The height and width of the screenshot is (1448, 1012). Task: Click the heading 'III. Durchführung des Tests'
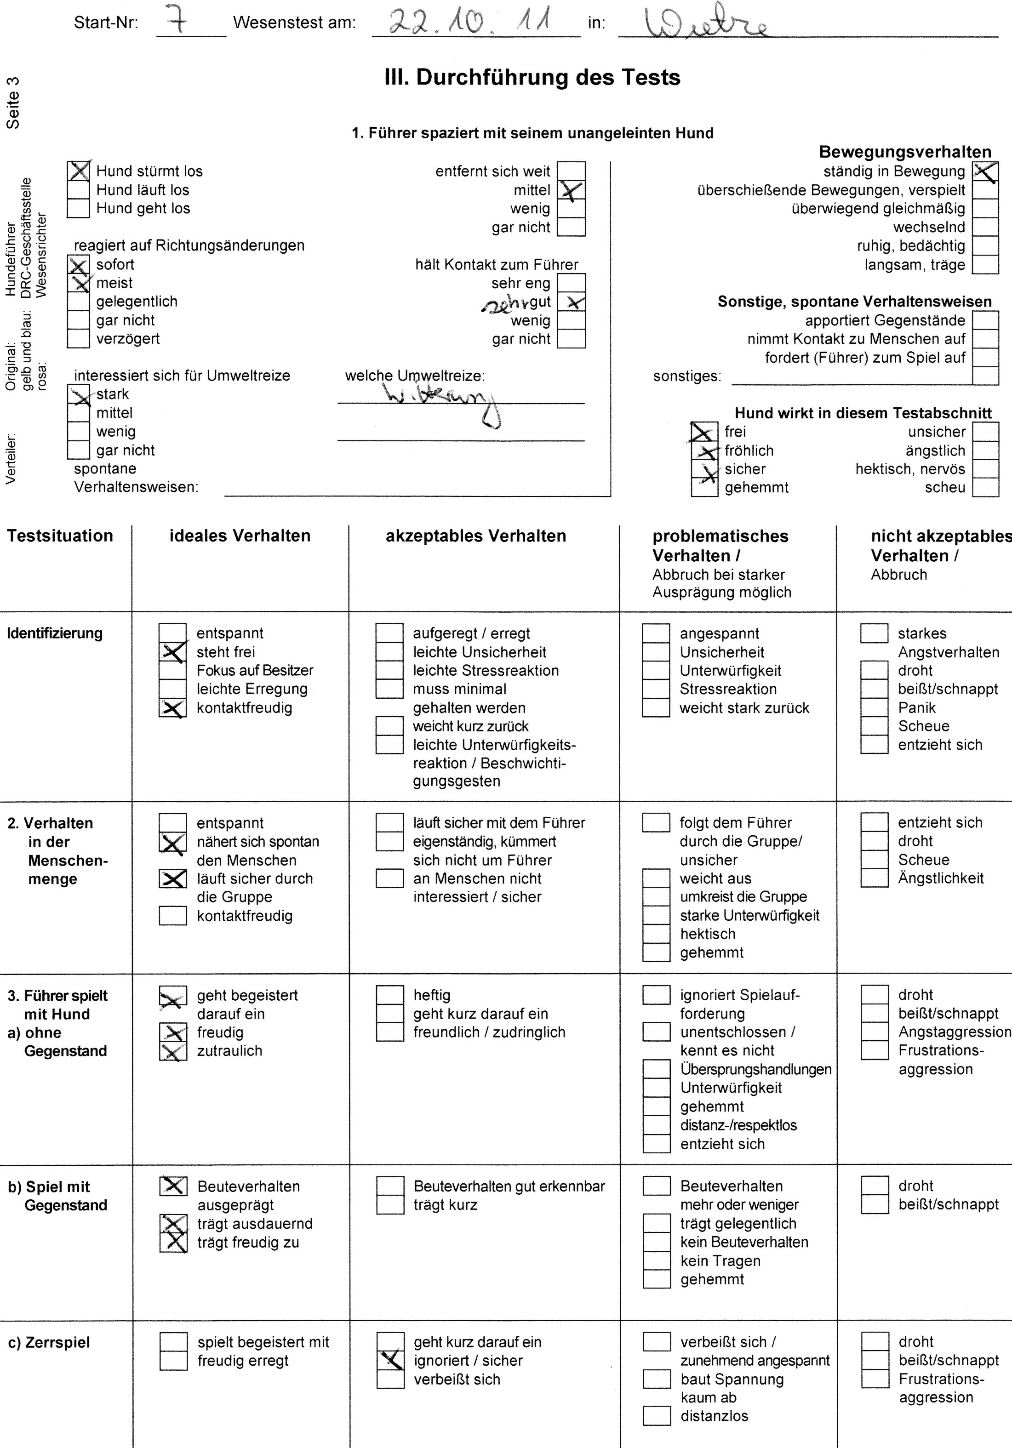[532, 78]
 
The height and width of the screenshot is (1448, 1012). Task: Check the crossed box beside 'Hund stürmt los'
[78, 171]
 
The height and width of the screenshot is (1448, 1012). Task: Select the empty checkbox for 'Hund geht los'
[78, 208]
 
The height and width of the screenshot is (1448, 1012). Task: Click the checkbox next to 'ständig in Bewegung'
[985, 171]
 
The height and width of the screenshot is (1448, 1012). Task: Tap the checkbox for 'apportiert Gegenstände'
[985, 320]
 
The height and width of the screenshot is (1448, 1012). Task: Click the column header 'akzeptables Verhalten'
[476, 536]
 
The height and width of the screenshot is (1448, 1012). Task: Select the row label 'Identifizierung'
[55, 633]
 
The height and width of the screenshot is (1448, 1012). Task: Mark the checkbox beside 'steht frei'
[173, 652]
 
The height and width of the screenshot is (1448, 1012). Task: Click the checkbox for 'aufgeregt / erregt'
[389, 633]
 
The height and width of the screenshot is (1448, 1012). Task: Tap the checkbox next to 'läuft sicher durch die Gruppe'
[173, 878]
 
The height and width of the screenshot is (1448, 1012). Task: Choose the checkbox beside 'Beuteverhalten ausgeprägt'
[173, 1186]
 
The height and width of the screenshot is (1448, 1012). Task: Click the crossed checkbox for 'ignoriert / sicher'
[390, 1360]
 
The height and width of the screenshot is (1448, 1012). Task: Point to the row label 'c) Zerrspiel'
[49, 1343]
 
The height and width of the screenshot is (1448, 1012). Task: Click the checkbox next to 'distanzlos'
[657, 1416]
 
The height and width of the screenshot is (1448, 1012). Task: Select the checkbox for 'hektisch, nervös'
[985, 469]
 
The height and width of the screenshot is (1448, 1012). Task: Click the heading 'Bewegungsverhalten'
[905, 152]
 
